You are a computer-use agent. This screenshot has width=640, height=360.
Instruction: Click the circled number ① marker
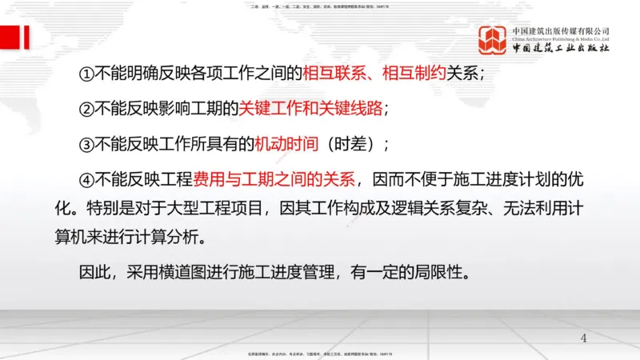click(x=86, y=74)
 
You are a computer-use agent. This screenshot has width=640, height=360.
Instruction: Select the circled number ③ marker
click(x=86, y=145)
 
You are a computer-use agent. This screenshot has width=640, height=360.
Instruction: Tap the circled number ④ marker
click(x=86, y=180)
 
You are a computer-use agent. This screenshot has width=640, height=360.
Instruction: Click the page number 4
click(x=583, y=338)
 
